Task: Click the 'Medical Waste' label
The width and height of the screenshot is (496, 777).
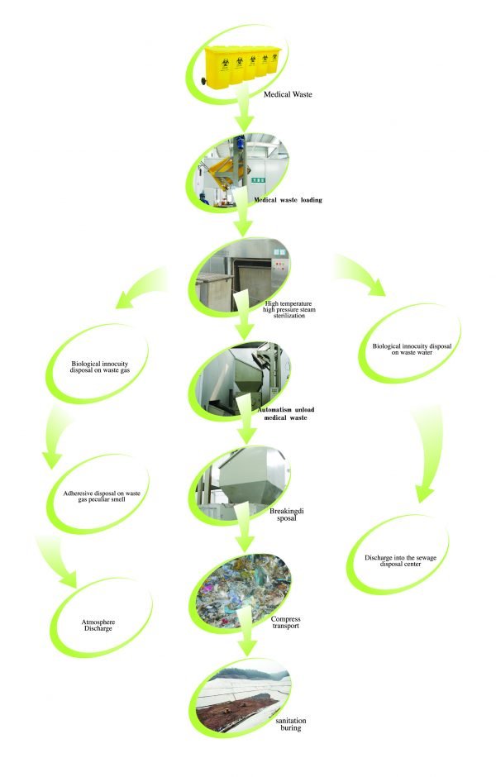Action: click(287, 95)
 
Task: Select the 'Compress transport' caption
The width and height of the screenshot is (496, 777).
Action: click(285, 622)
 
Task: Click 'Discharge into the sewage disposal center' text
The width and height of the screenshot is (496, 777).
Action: click(402, 563)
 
